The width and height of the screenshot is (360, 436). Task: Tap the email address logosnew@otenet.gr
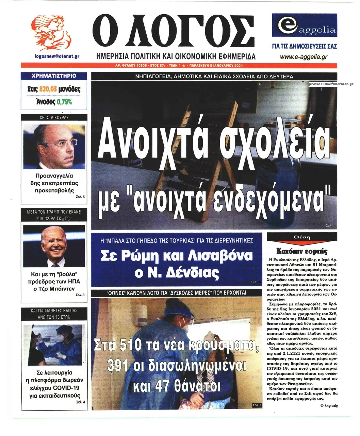[57, 57]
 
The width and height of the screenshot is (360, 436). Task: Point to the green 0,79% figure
[64, 101]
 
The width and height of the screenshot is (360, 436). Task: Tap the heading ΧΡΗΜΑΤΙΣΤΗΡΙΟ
[53, 76]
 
